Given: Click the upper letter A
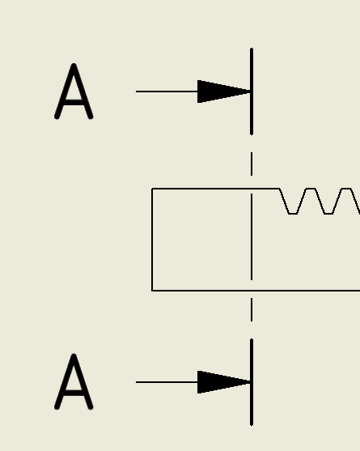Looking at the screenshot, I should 74,92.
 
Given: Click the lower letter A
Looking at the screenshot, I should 74,382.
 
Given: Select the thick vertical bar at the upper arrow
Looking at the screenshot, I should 252,91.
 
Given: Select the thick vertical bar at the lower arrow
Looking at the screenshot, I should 252,382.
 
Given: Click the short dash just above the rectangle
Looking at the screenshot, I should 252,164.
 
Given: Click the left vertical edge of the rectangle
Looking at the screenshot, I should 152,239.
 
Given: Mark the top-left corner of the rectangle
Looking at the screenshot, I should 152,189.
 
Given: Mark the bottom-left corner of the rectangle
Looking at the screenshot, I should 152,290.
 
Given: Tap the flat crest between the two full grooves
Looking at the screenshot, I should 311,189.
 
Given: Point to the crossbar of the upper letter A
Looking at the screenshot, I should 74,100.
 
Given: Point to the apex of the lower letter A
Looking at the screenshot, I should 74,357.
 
